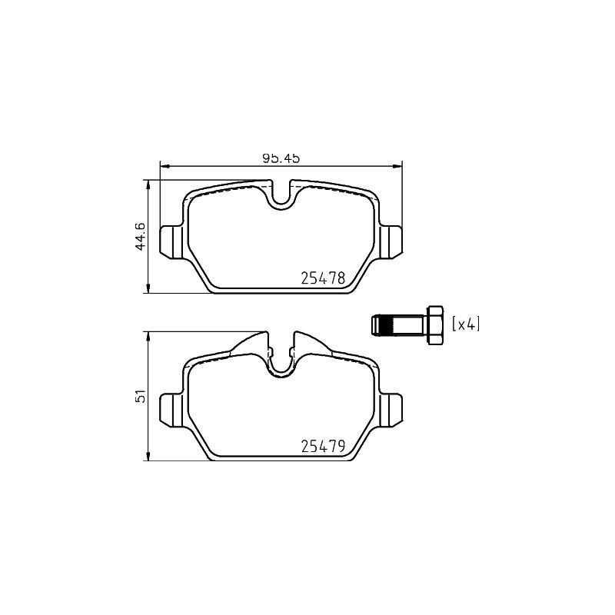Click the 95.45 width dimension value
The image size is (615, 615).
point(280,158)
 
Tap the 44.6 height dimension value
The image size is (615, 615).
point(139,236)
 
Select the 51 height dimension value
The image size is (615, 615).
point(139,397)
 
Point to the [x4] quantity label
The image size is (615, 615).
point(466,324)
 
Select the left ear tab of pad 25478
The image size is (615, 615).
point(170,243)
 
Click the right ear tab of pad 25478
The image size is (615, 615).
point(392,243)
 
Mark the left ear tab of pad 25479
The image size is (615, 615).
point(170,409)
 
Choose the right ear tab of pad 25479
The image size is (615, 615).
point(392,409)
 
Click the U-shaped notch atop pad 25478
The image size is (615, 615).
point(282,196)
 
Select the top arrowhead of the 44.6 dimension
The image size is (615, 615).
point(147,184)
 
